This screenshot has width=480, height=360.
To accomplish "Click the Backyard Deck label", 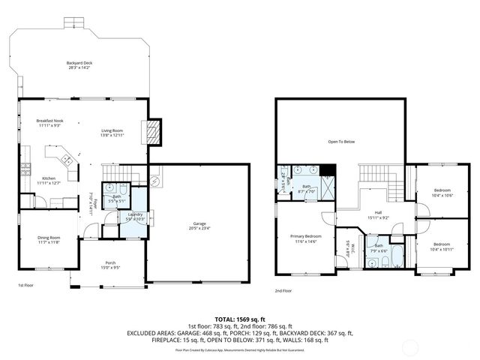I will [x=78, y=62].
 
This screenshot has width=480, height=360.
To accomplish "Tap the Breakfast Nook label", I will [x=51, y=121].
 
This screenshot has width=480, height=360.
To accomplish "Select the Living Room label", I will [x=112, y=130].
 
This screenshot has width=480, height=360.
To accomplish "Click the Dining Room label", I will [x=49, y=238].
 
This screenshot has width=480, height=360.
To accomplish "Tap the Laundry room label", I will [x=135, y=215].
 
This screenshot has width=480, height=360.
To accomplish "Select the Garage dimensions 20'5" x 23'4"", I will [x=199, y=228].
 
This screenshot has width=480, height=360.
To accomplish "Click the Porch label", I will [x=110, y=262].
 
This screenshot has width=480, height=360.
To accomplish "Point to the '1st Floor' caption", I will [x=25, y=286].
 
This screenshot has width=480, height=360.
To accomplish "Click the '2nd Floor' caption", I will [x=283, y=290].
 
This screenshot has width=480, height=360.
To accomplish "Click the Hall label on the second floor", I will [x=379, y=212].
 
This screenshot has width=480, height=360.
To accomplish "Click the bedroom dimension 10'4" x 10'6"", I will [x=442, y=195].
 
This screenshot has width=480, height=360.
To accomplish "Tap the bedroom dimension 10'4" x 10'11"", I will [x=442, y=248].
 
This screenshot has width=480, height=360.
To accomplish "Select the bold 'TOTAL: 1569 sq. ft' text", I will [x=240, y=319].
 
